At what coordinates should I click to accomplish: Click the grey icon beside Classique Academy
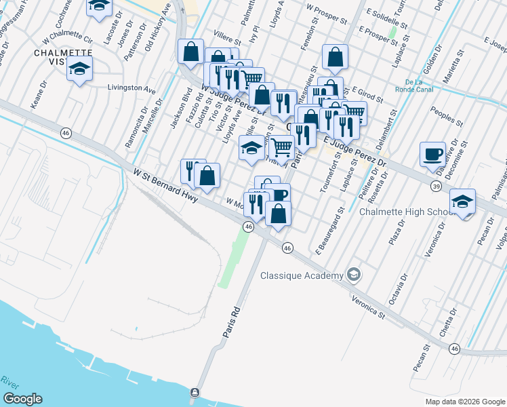pyautogui.click(x=353, y=275)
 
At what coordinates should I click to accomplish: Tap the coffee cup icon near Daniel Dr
pyautogui.click(x=432, y=154)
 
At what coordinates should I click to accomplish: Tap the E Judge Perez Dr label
pyautogui.click(x=354, y=153)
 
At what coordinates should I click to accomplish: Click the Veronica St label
pyautogui.click(x=367, y=307)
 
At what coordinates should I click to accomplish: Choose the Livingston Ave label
pyautogui.click(x=131, y=88)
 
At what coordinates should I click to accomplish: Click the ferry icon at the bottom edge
pyautogui.click(x=195, y=393)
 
